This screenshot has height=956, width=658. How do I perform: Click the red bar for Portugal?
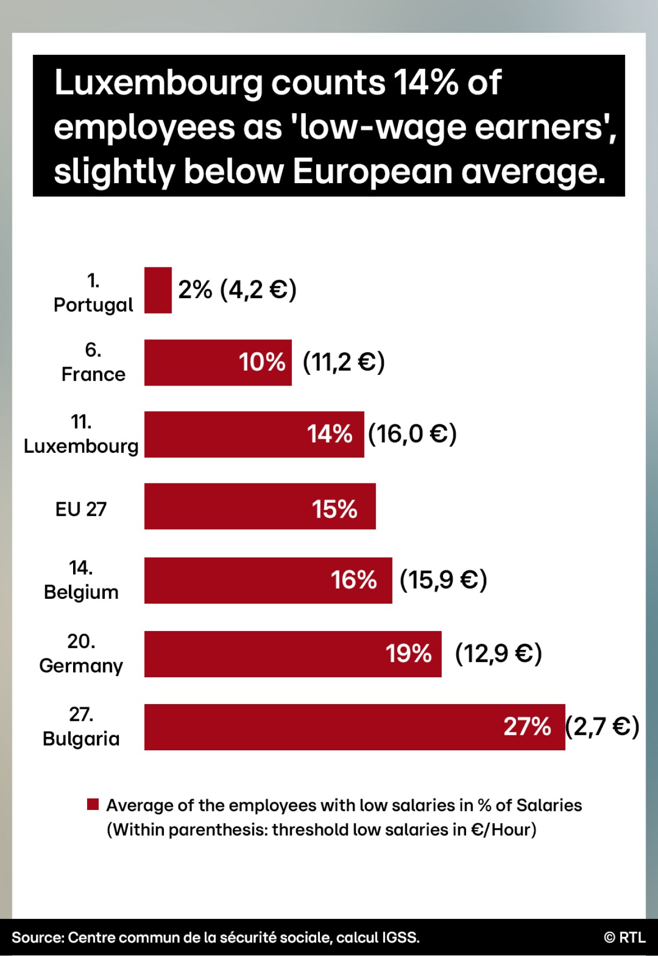pos(158,290)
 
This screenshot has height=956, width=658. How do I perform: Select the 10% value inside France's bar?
pos(262,362)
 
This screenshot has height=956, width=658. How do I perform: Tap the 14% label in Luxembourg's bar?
pos(330,434)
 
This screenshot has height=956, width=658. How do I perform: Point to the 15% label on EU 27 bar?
pos(334,509)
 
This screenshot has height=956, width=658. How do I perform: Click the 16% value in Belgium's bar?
pos(353,580)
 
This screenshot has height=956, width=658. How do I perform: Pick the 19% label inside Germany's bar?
pos(408,654)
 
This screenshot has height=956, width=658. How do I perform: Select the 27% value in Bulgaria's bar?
pos(527,727)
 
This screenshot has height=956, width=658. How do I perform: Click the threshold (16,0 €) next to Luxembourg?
pos(412,434)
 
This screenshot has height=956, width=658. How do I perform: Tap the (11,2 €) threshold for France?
pos(344,362)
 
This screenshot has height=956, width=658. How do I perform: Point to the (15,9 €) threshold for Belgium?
pos(444,580)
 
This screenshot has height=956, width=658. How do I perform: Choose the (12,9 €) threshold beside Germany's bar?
pos(498,654)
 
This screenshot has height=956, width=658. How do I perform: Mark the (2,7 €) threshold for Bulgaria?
pos(602,727)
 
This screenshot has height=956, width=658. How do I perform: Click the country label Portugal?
pos(93,305)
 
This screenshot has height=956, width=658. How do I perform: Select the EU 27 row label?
pos(81,509)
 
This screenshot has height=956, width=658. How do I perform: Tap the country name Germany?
pos(81,666)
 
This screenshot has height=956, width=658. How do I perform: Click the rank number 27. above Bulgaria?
pos(81,714)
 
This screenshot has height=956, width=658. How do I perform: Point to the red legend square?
pos(93,804)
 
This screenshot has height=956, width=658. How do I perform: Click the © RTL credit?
pos(625,937)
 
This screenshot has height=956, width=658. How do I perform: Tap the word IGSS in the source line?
pos(399,938)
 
